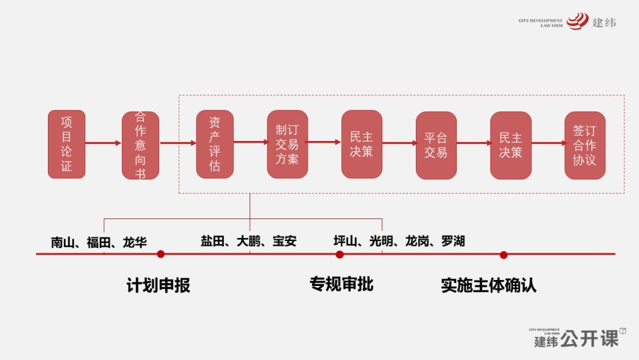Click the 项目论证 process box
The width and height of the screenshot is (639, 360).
point(66,144)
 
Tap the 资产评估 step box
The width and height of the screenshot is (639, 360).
point(215,144)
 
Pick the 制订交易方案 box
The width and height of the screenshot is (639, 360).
point(288,144)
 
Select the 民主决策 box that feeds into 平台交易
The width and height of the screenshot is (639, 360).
point(362,144)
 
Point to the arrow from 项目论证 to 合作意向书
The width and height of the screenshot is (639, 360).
point(104,143)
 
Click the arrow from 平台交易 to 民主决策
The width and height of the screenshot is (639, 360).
point(473,143)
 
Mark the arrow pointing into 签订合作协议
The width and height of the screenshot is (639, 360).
point(547,143)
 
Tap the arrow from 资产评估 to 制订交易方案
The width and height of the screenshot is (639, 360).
point(250,142)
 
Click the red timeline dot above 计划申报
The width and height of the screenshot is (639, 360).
point(160,254)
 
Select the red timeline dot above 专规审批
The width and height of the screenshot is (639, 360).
point(340,255)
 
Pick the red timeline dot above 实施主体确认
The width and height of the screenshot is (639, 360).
point(504,255)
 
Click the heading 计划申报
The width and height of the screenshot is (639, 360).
point(158,285)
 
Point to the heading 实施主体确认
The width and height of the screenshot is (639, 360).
point(488,285)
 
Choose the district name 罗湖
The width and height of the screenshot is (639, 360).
point(453,242)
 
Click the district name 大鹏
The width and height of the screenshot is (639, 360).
point(248,242)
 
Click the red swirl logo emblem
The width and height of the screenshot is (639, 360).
point(577,21)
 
